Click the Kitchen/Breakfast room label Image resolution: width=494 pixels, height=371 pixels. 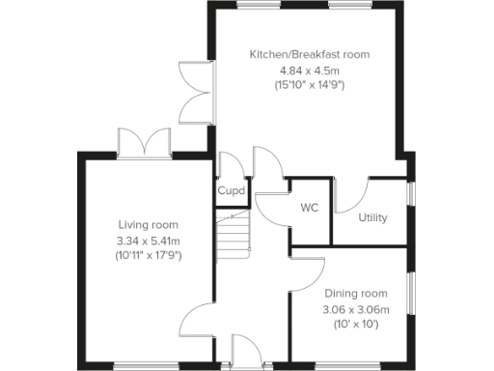(309, 54)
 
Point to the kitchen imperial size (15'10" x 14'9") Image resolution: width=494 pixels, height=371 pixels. (309, 85)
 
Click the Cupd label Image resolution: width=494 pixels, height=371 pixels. (231, 191)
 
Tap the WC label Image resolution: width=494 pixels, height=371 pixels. (310, 208)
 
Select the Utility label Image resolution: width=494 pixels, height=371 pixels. (372, 217)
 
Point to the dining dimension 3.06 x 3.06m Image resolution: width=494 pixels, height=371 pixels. (355, 309)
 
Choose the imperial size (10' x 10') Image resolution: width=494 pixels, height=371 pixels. (355, 325)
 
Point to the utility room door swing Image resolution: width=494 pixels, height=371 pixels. (354, 193)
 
